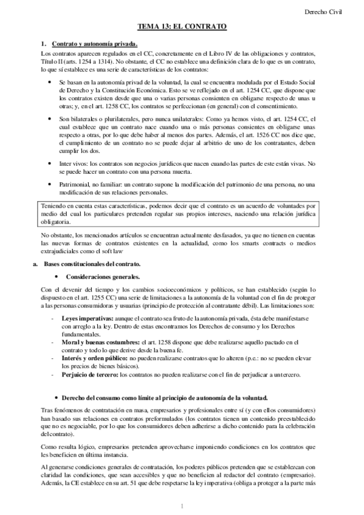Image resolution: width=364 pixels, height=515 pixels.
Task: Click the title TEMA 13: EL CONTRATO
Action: pyautogui.click(x=181, y=27)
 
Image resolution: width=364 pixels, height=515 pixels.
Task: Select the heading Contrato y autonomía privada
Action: pyautogui.click(x=94, y=44)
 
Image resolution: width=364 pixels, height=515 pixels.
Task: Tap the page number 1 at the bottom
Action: pyautogui.click(x=182, y=506)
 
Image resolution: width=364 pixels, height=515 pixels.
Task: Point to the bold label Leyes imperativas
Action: pyautogui.click(x=87, y=318)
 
